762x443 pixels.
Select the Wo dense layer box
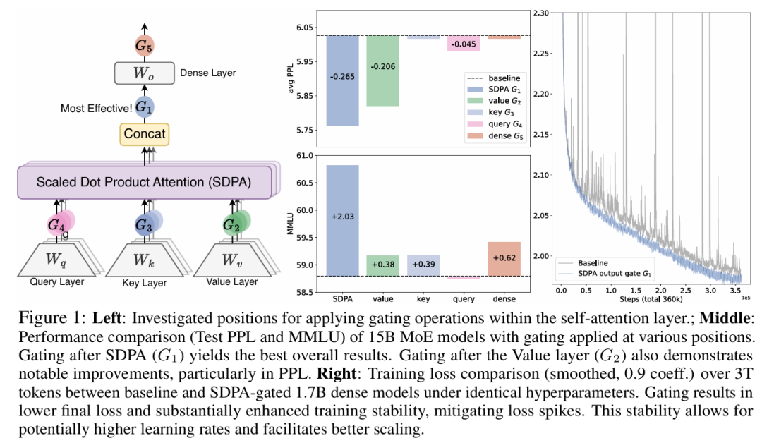tap(143, 73)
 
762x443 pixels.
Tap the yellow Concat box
tap(144, 133)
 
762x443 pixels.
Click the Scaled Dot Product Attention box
tap(144, 183)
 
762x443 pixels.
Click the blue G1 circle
tap(144, 107)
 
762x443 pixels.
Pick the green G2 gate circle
tap(231, 225)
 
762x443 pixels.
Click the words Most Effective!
tap(95, 108)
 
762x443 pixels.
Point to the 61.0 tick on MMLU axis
tap(304, 156)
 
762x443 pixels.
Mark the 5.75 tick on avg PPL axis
tap(304, 131)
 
